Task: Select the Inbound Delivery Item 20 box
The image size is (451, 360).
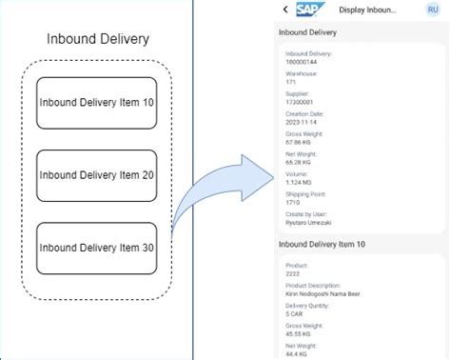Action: (x=96, y=175)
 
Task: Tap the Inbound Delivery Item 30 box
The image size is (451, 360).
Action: (x=96, y=248)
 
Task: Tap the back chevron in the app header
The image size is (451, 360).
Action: (x=285, y=10)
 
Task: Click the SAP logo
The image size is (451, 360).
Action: (x=309, y=10)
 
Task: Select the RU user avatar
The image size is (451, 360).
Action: (x=433, y=10)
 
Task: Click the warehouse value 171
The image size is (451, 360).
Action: (x=290, y=82)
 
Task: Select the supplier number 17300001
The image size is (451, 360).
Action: (x=299, y=102)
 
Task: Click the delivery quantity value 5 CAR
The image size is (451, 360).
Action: (x=296, y=314)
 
